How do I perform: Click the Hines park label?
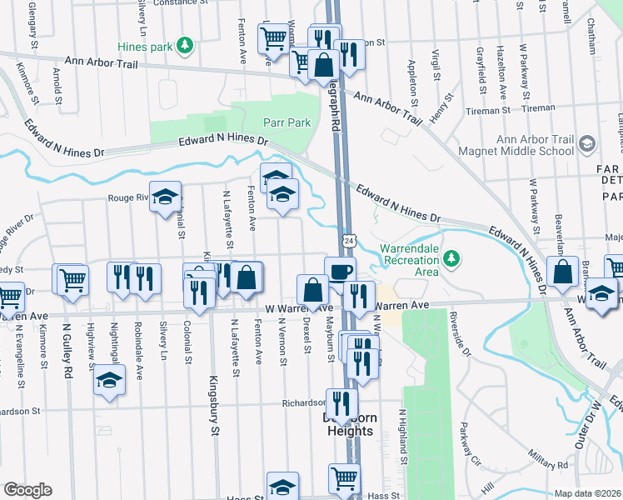point(155,47)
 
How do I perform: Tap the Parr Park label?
point(287,122)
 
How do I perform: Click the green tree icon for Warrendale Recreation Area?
point(451,257)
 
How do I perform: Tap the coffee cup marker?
point(340,270)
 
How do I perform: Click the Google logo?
point(27,489)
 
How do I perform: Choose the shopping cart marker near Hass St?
point(344,478)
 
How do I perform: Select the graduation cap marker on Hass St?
point(282,486)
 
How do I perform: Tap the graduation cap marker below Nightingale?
point(108,381)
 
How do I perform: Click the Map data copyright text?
point(587,493)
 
